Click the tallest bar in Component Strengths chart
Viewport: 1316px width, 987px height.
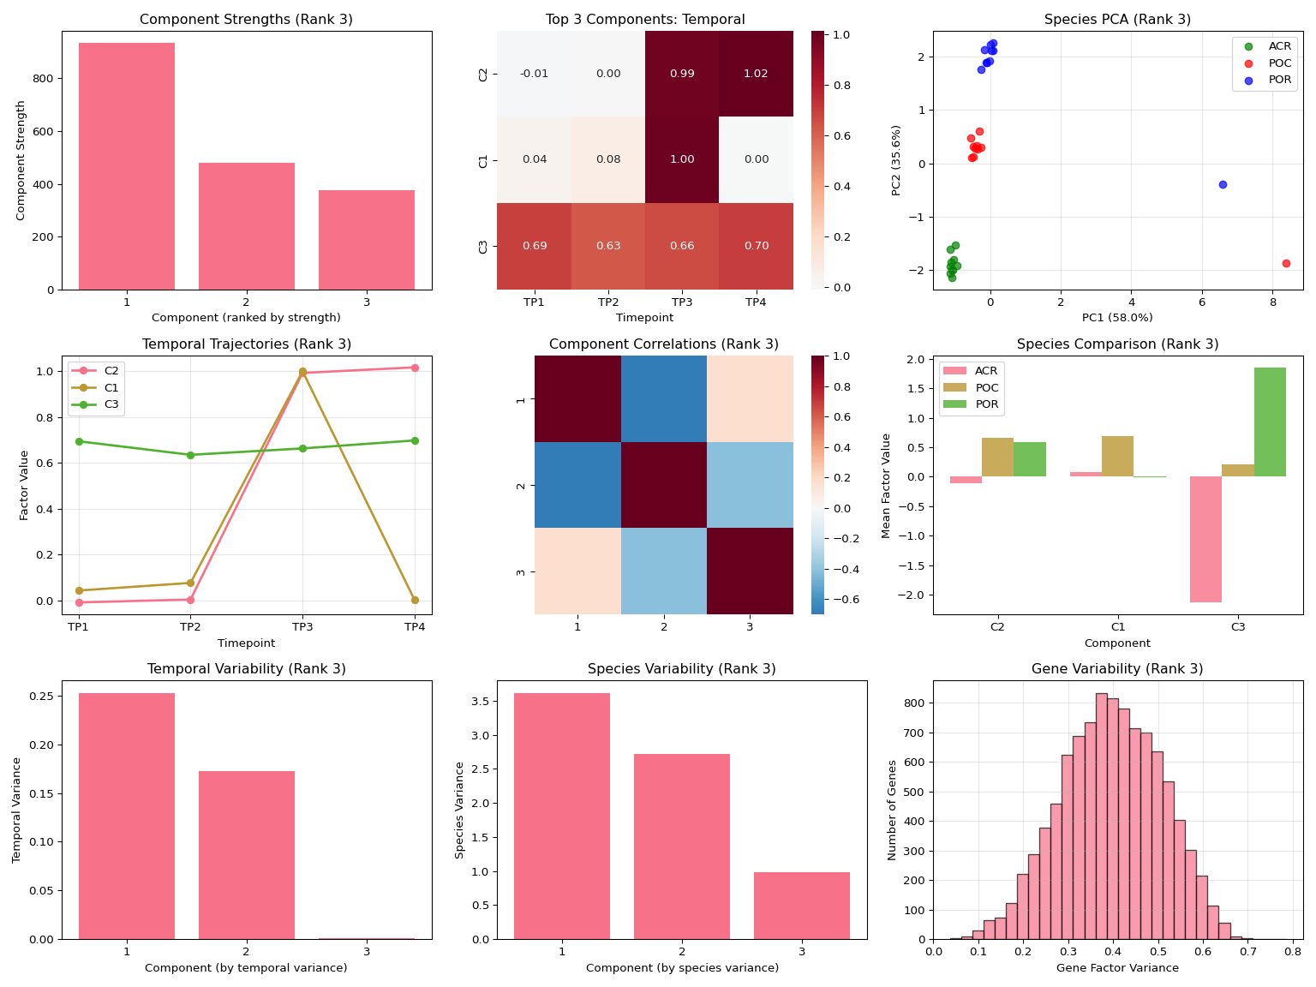pos(127,166)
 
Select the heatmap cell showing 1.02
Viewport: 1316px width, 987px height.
pos(756,74)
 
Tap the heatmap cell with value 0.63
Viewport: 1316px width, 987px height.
pos(608,246)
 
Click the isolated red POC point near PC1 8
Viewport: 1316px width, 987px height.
pos(1286,263)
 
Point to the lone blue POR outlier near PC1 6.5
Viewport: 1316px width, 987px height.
pos(1223,184)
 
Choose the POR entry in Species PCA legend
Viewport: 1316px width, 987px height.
pos(1279,80)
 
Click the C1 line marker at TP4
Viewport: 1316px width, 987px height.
pos(415,600)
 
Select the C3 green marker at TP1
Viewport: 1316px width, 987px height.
pos(79,441)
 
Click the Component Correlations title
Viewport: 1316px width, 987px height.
pos(663,344)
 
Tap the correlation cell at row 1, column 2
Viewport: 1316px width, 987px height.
pos(664,399)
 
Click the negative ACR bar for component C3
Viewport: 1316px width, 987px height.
pos(1205,539)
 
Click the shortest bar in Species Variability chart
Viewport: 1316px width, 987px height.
pos(802,906)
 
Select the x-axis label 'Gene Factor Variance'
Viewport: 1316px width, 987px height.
pos(1117,968)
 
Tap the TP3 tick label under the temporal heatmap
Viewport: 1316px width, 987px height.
pos(682,302)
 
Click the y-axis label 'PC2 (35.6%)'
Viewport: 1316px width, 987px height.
pos(896,160)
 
